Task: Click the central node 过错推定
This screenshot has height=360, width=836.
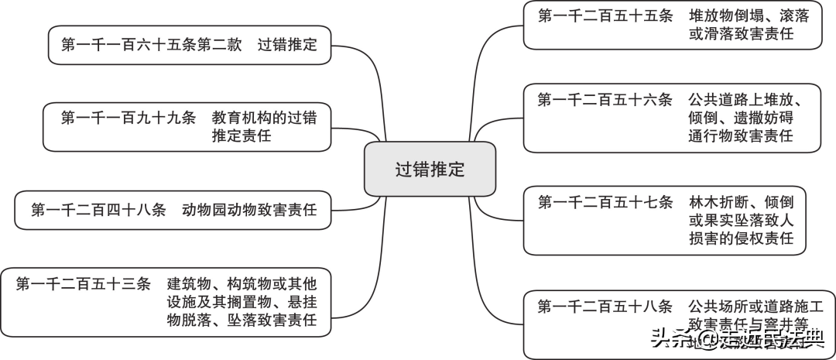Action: [x=430, y=169]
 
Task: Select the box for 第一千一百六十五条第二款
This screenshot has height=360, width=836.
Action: [x=189, y=45]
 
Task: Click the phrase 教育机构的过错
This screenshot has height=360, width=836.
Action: [x=264, y=117]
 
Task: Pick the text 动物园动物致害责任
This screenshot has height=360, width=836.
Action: [x=249, y=210]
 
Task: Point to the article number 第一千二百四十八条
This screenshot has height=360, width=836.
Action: [x=98, y=210]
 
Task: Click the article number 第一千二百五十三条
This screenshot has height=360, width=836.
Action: [x=83, y=283]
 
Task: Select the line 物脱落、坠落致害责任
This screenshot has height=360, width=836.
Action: [x=242, y=321]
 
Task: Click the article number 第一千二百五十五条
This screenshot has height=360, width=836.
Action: [x=605, y=15]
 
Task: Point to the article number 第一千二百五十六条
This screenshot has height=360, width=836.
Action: [x=605, y=99]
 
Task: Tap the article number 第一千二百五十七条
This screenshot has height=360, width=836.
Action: [x=605, y=202]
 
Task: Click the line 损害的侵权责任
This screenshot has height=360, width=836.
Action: [x=741, y=239]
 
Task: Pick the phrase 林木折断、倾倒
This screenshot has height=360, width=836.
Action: [x=741, y=202]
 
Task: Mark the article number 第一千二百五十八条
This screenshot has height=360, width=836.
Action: [x=605, y=306]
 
